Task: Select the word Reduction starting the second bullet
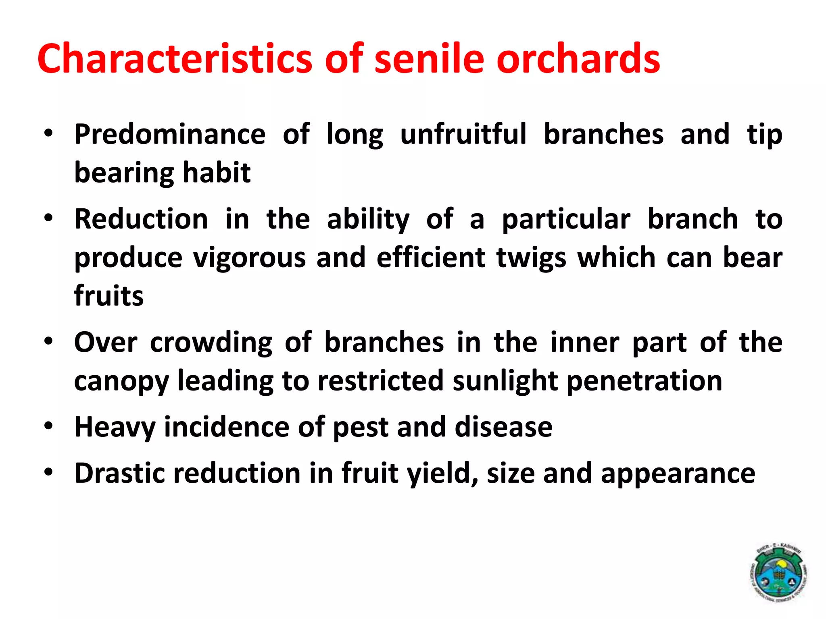coord(141,219)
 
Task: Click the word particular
coord(566,219)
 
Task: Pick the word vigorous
coord(249,258)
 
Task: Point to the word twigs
coord(531,258)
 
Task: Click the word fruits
coord(109,296)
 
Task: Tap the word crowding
coord(211,343)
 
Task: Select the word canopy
coord(121,381)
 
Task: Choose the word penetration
coord(645,381)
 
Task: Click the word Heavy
coord(115,427)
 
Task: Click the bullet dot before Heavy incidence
coord(49,426)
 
